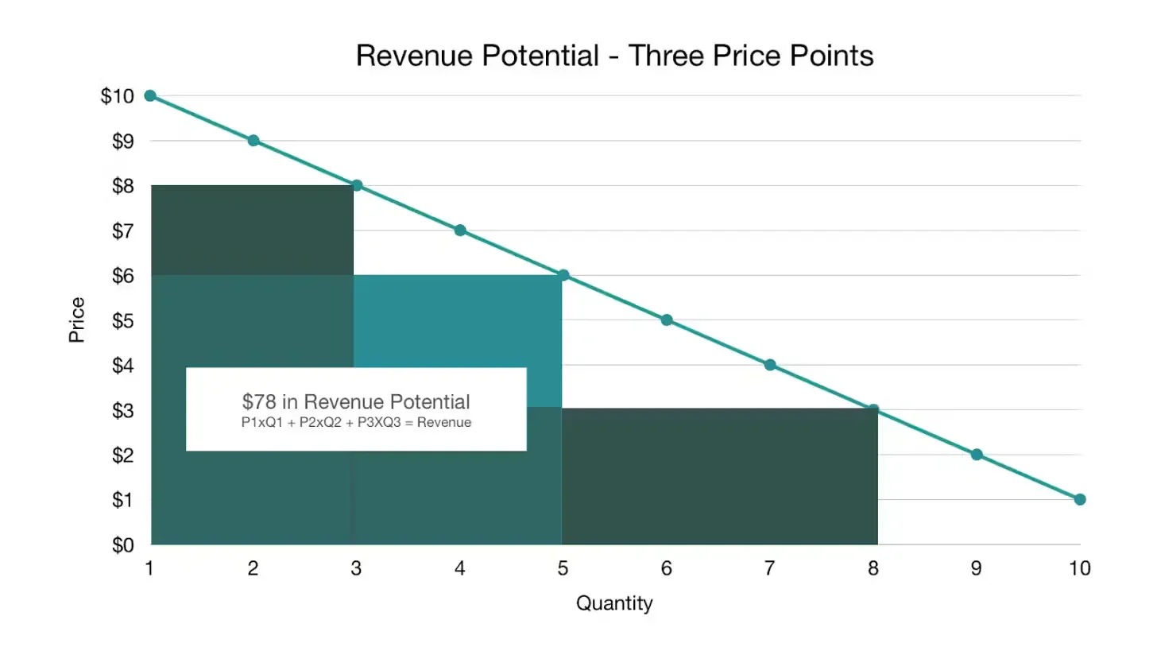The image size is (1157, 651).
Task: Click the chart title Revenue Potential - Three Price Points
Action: click(614, 56)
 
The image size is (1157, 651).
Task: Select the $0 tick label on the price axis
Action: click(119, 545)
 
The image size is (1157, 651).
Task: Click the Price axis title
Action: click(77, 320)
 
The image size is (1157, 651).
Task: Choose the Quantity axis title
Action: click(614, 603)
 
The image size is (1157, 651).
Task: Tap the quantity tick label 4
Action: click(459, 568)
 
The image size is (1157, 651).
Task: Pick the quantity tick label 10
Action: click(1079, 568)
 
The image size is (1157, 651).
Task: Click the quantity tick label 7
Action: click(769, 568)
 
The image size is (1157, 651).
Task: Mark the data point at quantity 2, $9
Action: click(253, 141)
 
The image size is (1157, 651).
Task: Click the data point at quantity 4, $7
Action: click(460, 231)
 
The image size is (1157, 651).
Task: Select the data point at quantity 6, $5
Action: click(667, 320)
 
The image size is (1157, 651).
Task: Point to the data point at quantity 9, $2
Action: click(977, 455)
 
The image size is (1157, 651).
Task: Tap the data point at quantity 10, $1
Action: click(1080, 499)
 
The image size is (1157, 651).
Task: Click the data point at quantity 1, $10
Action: click(150, 95)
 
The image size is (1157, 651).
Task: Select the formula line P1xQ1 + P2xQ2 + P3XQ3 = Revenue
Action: click(356, 423)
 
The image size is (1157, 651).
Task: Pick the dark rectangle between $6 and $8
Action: click(252, 231)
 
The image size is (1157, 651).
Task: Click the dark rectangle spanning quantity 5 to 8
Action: click(719, 477)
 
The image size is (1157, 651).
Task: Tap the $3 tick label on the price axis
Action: click(119, 411)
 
